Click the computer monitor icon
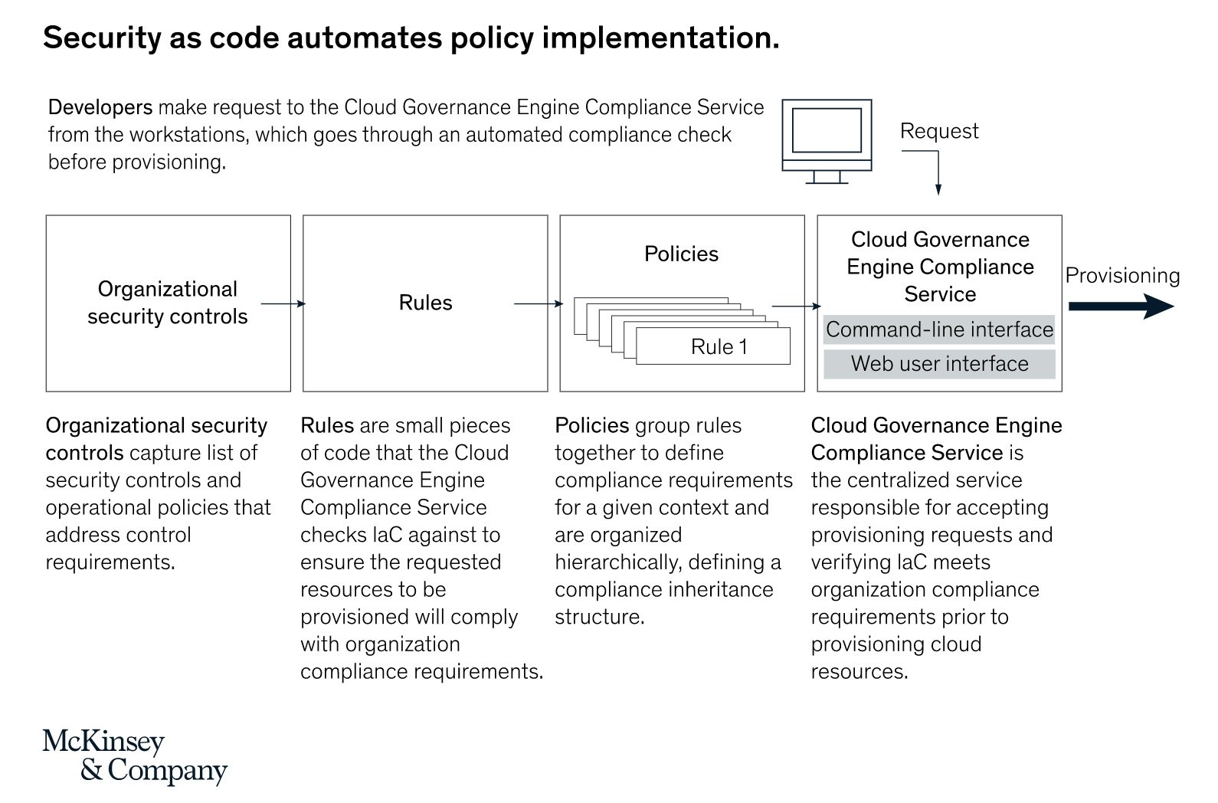tap(827, 139)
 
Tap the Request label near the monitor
tap(938, 131)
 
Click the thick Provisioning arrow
tap(1121, 306)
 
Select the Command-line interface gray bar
tap(939, 330)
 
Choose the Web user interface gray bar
tap(939, 364)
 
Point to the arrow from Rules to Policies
tap(538, 304)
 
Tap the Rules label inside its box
tap(425, 303)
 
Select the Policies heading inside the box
tap(681, 254)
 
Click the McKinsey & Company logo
tap(134, 756)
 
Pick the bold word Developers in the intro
tap(100, 107)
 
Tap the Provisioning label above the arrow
tap(1122, 276)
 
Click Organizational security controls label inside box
tap(168, 303)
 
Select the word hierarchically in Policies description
tap(615, 562)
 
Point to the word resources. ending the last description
tap(859, 672)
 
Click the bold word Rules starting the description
tap(327, 425)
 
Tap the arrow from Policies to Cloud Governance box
tap(797, 306)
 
